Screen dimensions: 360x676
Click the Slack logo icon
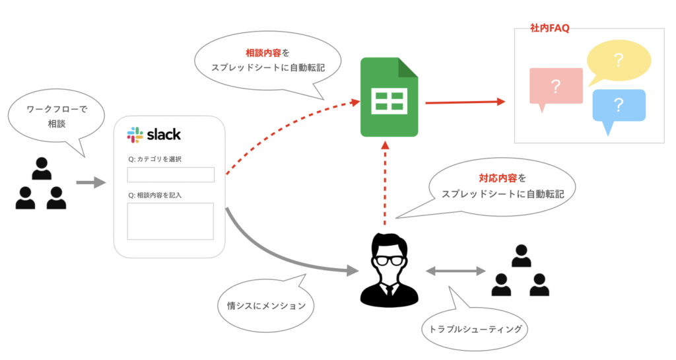pos(135,135)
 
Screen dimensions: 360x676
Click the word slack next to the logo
pos(162,135)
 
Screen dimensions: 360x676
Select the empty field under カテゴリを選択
pos(170,174)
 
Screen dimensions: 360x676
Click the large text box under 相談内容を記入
pos(170,221)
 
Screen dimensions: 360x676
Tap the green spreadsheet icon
pos(389,97)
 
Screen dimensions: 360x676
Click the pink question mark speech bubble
pos(555,86)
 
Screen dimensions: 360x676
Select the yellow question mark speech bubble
pos(619,61)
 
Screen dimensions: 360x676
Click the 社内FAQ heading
pos(549,28)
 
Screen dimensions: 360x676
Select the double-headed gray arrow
pos(456,270)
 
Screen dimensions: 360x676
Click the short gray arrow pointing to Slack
pos(91,182)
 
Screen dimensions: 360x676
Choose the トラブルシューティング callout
pos(475,328)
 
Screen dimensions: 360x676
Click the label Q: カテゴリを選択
pos(155,159)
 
